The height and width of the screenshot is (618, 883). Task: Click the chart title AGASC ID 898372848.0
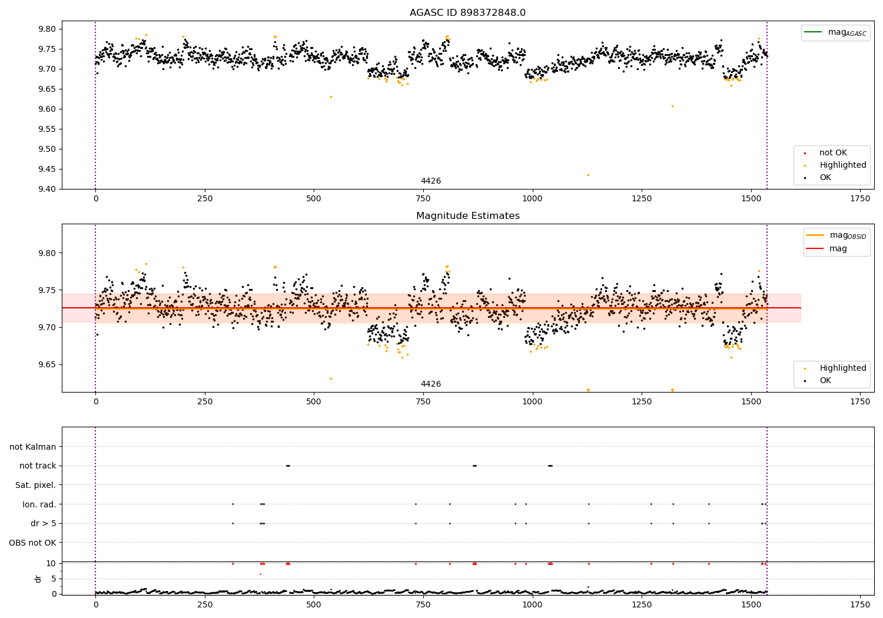467,13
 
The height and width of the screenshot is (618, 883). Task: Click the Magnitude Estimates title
467,216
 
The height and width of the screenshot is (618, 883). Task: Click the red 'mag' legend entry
838,249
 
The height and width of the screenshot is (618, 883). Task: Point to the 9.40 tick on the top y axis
47,189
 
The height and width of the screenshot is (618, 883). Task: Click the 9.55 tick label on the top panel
47,129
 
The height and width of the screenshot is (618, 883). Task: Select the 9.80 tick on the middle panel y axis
47,253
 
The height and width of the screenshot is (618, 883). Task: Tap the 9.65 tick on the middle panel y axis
47,364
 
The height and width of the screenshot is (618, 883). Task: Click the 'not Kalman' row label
33,447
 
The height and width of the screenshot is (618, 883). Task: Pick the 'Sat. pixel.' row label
35,485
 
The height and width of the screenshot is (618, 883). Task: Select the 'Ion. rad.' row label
39,504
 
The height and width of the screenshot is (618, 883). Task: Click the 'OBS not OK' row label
32,543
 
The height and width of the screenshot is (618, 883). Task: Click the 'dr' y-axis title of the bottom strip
38,579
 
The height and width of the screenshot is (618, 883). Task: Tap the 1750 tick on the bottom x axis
860,604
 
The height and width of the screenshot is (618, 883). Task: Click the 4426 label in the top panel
430,181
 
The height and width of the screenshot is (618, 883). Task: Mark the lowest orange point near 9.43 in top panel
588,175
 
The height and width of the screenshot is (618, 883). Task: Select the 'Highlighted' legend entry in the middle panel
842,368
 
